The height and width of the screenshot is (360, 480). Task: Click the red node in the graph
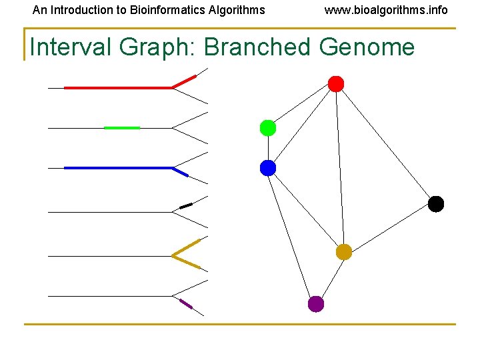(x=336, y=84)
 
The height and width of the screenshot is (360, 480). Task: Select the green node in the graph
(x=268, y=128)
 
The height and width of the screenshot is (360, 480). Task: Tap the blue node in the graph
(x=268, y=168)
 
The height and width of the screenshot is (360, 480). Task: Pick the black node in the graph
(x=435, y=204)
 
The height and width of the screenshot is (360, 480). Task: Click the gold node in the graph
(x=343, y=252)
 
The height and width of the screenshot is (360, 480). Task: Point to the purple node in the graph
(x=316, y=304)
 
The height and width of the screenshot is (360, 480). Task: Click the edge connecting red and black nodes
(x=385, y=143)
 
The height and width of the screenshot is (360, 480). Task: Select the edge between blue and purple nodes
(x=292, y=236)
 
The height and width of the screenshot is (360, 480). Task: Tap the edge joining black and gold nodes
(x=389, y=228)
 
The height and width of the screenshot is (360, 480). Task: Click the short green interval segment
(x=122, y=127)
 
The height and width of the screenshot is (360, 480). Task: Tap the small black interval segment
(x=186, y=205)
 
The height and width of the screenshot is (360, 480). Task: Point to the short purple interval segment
(x=186, y=304)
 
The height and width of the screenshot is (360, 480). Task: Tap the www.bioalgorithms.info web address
(x=386, y=10)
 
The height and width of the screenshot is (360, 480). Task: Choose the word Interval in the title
(x=71, y=47)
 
